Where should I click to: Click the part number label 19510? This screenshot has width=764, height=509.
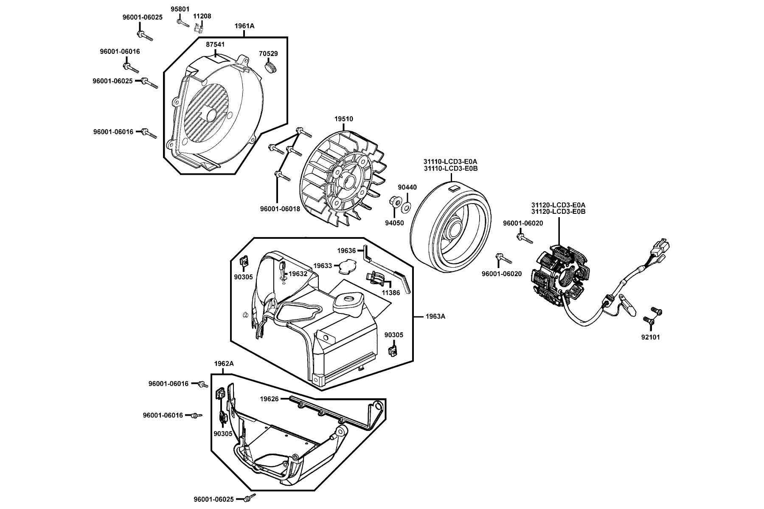click(344, 120)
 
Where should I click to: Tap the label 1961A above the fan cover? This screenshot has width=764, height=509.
click(244, 26)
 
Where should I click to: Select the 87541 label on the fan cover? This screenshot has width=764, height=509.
click(216, 45)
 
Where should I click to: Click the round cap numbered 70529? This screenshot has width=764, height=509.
click(270, 68)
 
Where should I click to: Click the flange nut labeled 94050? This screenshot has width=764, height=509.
click(393, 201)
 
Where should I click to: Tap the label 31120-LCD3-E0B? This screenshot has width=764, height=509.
click(559, 211)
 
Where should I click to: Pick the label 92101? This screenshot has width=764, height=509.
click(651, 338)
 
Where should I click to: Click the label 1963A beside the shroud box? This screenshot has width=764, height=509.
click(435, 316)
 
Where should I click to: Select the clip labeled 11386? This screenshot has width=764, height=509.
click(376, 279)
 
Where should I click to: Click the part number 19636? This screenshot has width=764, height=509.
click(346, 251)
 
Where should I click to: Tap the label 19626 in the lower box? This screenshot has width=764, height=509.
click(269, 399)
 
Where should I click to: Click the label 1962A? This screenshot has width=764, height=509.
click(224, 364)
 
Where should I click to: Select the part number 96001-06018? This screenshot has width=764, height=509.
click(280, 209)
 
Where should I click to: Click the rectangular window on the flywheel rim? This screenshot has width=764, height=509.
click(454, 189)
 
